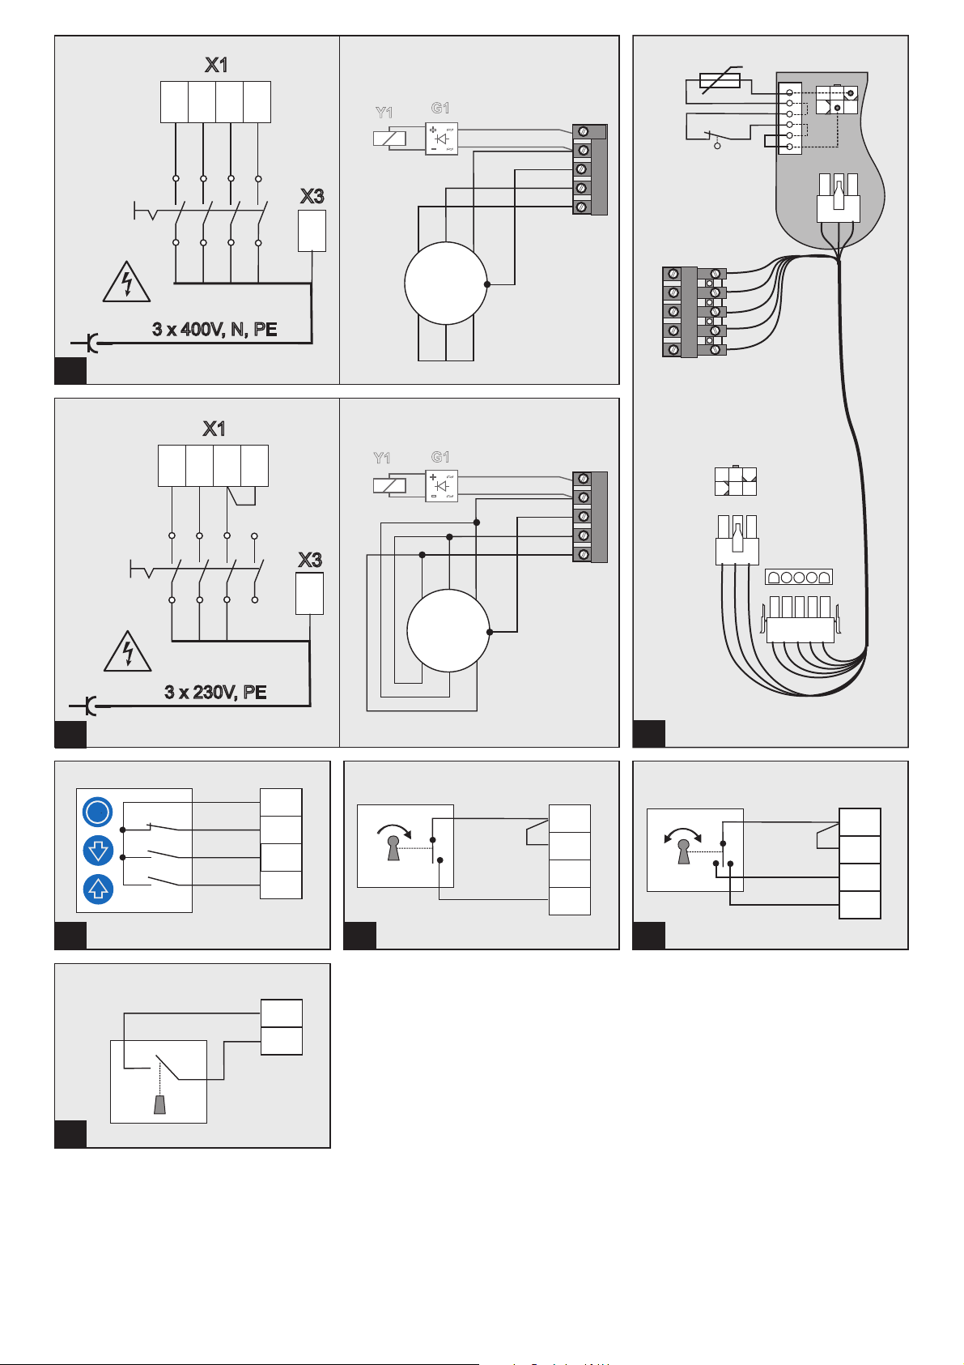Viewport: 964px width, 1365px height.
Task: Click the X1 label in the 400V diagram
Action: pyautogui.click(x=215, y=65)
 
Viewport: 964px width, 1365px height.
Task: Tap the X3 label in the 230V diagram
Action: pyautogui.click(x=310, y=560)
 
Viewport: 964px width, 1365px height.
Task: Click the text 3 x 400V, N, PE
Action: pyautogui.click(x=214, y=330)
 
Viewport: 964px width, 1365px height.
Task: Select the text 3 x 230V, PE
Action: pyautogui.click(x=215, y=692)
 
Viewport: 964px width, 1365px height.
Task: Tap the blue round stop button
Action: pyautogui.click(x=98, y=813)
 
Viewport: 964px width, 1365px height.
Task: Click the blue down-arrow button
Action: pyautogui.click(x=98, y=851)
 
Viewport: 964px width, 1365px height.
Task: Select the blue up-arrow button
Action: pyautogui.click(x=98, y=889)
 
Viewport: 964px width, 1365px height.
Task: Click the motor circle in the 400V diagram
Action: pyautogui.click(x=445, y=283)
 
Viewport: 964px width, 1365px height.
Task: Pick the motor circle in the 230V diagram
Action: pyautogui.click(x=448, y=630)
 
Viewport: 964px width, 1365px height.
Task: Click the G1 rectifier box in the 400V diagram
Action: pyautogui.click(x=441, y=139)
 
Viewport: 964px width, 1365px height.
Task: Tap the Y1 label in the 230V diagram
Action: pyautogui.click(x=382, y=459)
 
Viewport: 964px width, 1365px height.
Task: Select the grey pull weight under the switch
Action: pyautogui.click(x=160, y=1104)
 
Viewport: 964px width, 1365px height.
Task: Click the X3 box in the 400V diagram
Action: pyautogui.click(x=312, y=231)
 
